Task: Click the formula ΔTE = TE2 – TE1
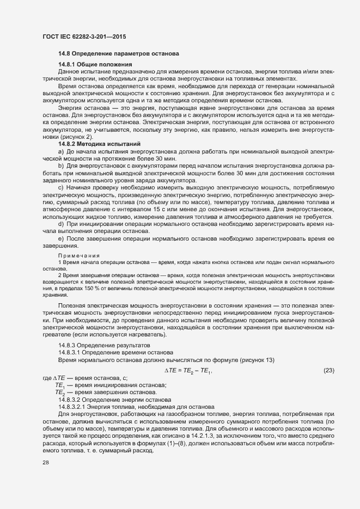187,370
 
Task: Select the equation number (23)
328,370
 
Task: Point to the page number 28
45,463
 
